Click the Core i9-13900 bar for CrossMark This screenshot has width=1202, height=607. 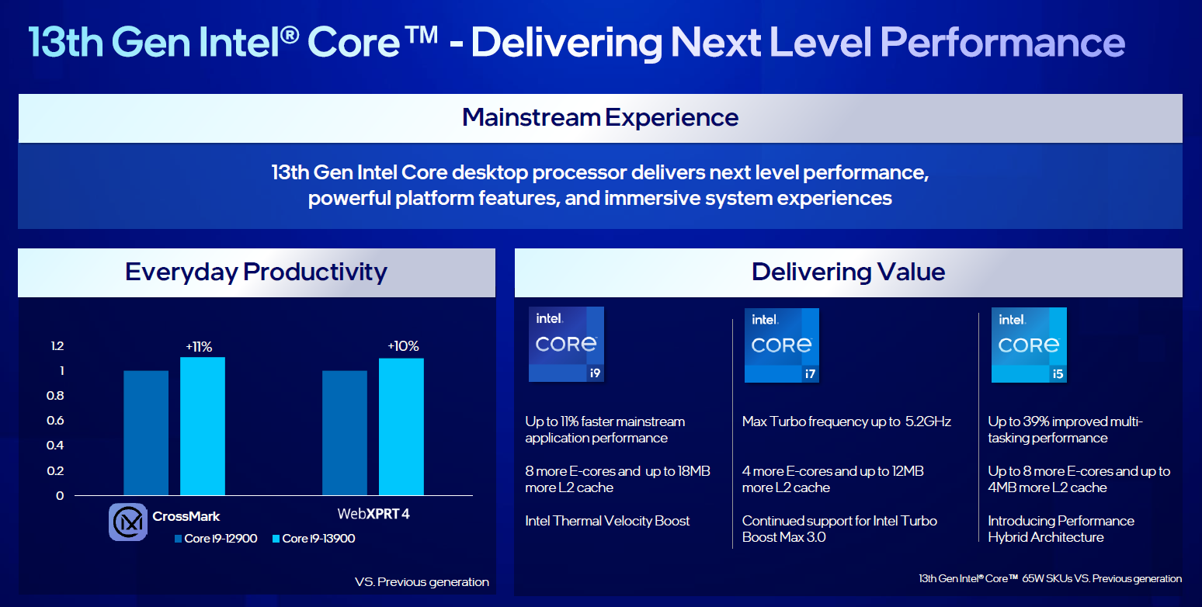[203, 426]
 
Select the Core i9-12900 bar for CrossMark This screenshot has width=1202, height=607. [146, 432]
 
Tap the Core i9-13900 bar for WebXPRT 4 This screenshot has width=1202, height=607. [401, 427]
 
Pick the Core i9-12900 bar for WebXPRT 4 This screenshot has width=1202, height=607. [345, 432]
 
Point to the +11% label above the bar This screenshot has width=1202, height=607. [199, 347]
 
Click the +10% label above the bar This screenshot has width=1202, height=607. [403, 346]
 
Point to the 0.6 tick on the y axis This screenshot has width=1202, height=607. [55, 421]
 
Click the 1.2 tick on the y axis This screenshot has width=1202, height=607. [57, 346]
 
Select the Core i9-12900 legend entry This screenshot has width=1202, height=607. [216, 539]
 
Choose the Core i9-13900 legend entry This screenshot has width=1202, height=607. [314, 539]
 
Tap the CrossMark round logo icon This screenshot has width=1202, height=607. [128, 522]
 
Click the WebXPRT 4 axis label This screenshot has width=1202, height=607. [373, 514]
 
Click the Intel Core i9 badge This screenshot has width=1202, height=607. [566, 345]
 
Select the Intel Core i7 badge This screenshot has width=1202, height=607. [782, 345]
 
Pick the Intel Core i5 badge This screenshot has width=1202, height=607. [1029, 345]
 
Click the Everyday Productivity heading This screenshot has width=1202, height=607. [256, 272]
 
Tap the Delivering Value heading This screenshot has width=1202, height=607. [849, 272]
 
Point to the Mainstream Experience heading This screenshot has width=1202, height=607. [600, 118]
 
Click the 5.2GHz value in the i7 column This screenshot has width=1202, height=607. [929, 421]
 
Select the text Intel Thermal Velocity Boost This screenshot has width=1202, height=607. [607, 521]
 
